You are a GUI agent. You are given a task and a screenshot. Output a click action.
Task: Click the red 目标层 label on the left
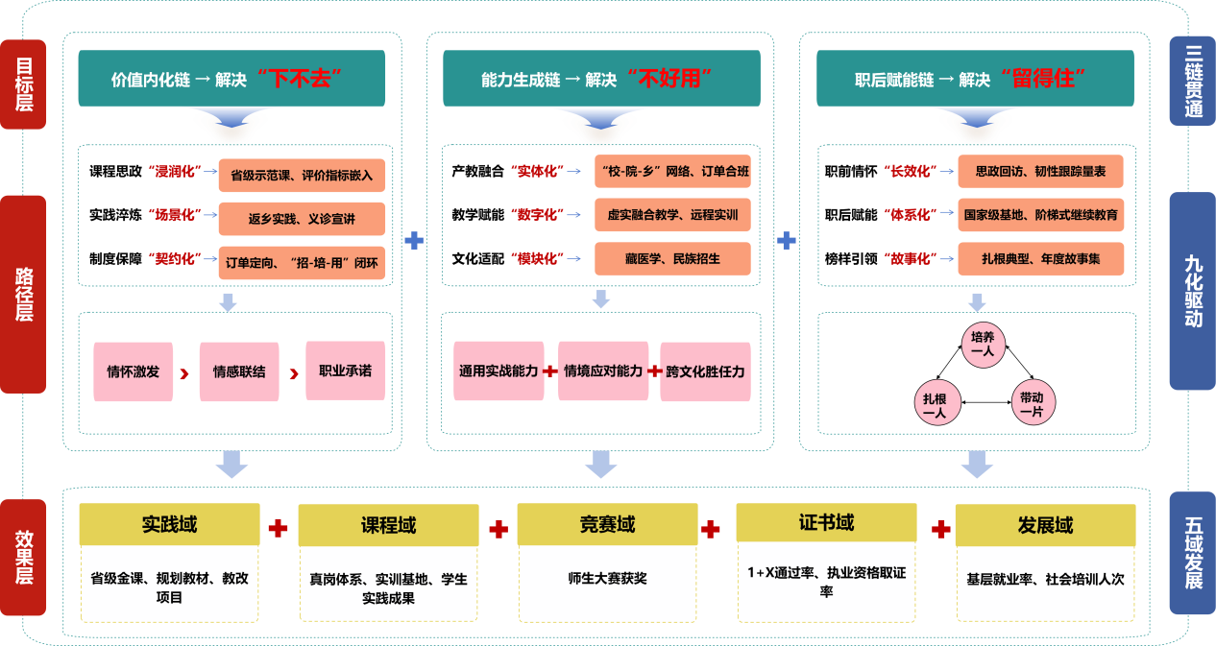coord(23,84)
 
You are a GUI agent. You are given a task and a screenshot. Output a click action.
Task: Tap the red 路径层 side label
coord(23,294)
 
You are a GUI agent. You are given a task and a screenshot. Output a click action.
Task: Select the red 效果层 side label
coord(23,557)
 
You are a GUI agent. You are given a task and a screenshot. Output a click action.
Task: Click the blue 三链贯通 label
coord(1192,81)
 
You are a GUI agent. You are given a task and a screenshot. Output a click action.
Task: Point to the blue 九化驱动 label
coord(1192,291)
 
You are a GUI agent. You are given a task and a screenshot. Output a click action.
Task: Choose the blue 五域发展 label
coord(1192,553)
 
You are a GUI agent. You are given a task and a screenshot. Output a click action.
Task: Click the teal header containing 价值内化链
coord(231,80)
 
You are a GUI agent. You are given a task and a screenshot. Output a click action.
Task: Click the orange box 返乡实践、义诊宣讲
coord(302,219)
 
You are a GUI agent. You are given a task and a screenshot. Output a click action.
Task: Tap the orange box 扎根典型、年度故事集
coord(1040,258)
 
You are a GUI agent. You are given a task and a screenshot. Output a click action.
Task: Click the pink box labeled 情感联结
coord(239,371)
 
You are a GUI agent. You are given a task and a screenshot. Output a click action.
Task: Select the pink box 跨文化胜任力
coord(705,371)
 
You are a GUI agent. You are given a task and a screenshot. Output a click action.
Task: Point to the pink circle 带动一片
coord(1032,404)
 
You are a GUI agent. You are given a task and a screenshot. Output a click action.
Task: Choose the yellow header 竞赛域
coord(607,525)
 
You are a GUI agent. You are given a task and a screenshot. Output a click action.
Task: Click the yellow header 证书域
coord(826,523)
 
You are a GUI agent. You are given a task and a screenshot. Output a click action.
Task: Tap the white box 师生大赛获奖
coord(607,580)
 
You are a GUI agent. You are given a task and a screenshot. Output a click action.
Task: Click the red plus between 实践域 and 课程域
coord(279,528)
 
